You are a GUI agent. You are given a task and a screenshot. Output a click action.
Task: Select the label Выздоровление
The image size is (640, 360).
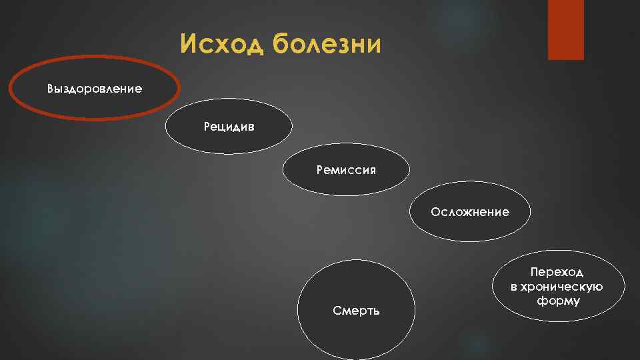(95, 89)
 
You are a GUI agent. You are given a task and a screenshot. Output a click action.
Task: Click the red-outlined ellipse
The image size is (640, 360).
(40, 107)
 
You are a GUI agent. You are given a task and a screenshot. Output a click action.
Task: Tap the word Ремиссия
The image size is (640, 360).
(346, 170)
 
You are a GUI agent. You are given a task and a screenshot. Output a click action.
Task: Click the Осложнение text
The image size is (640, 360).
(470, 212)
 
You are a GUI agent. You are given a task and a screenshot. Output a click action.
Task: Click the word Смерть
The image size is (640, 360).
(356, 311)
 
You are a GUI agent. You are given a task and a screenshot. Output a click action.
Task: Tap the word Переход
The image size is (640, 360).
(557, 272)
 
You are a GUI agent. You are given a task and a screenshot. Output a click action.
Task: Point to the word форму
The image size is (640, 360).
(558, 301)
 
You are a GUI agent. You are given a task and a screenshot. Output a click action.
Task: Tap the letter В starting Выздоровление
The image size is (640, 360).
(51, 89)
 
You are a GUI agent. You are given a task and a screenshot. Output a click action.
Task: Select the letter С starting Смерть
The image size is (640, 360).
(336, 311)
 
